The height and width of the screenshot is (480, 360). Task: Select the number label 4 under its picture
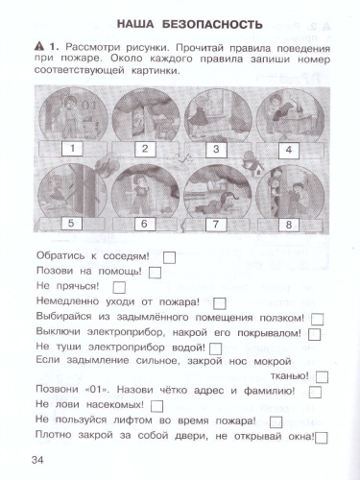pyautogui.click(x=286, y=150)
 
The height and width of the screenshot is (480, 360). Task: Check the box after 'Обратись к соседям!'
pyautogui.click(x=169, y=256)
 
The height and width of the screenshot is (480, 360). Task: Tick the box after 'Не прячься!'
pyautogui.click(x=119, y=287)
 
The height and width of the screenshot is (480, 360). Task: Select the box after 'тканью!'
pyautogui.click(x=321, y=378)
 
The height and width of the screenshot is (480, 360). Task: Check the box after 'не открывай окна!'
pyautogui.click(x=322, y=439)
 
